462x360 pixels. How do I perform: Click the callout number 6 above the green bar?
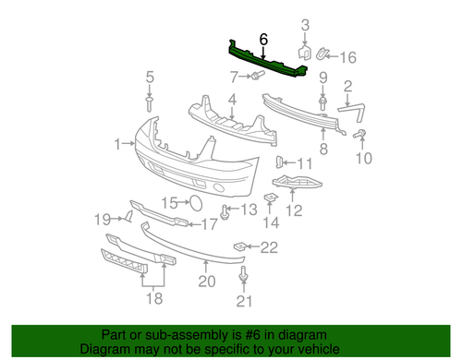point(263,40)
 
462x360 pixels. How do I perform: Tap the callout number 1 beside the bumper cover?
point(118,143)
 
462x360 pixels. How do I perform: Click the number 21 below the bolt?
point(244,302)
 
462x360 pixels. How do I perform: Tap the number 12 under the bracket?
point(294,211)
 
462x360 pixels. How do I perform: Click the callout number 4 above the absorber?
point(232,98)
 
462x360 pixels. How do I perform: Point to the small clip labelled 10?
point(360,138)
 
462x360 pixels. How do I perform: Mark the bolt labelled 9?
point(323,97)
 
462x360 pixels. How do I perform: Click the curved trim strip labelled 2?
point(352,110)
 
